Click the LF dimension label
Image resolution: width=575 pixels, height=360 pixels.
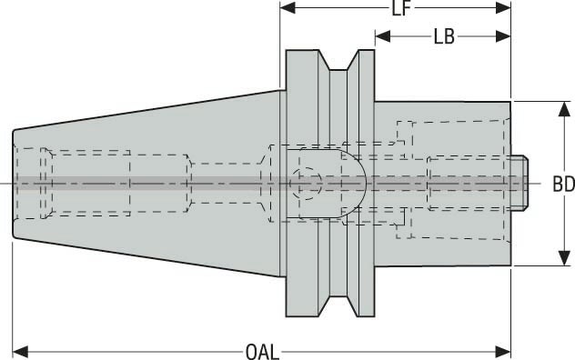coord(398,9)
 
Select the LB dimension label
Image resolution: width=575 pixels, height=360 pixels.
coord(444,37)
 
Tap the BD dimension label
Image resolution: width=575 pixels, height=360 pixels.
coord(563,184)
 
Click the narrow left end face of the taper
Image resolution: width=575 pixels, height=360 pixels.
coord(15,184)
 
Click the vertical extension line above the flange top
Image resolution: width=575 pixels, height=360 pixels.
coord(280,45)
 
